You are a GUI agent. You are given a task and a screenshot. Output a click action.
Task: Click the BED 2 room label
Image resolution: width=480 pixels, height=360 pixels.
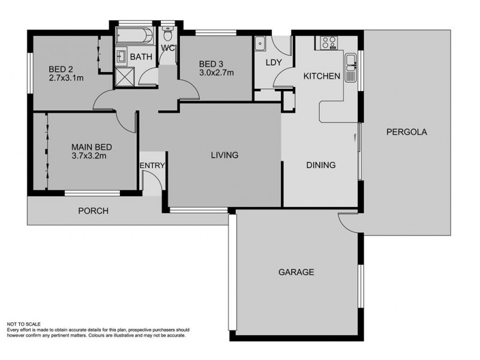[59, 68]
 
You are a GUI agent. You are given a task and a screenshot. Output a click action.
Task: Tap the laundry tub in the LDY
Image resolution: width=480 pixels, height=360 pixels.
[261, 43]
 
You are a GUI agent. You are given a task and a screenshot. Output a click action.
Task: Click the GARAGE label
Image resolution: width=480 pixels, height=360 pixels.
[296, 272]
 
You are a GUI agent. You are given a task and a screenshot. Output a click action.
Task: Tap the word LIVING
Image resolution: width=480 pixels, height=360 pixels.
[224, 155]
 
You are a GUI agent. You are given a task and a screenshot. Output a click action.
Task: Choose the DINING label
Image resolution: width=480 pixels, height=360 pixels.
[320, 165]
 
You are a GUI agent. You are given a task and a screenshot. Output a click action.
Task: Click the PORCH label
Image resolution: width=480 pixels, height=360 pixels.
[93, 211]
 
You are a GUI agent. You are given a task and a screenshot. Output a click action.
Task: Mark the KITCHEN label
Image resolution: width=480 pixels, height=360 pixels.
[322, 76]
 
